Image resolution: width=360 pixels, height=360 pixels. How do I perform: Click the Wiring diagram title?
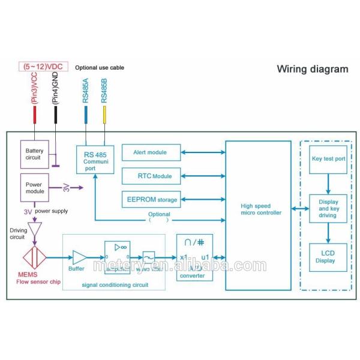312,69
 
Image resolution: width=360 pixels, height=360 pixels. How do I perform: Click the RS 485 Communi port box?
95,160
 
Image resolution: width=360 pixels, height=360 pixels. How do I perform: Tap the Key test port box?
328,159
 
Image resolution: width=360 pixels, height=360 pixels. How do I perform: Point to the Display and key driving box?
328,208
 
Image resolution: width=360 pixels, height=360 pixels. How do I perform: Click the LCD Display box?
328,256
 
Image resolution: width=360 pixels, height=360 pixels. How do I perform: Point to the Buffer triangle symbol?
79,257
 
